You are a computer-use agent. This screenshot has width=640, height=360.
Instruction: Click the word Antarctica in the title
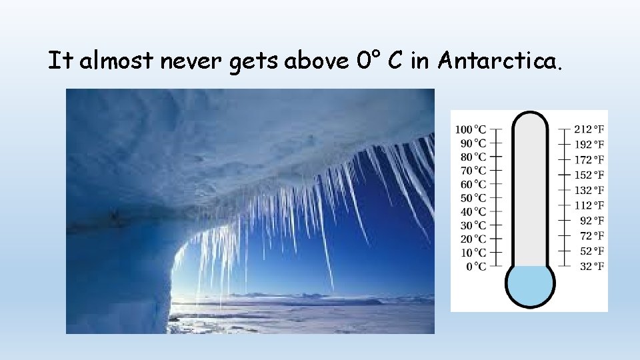[x=501, y=62]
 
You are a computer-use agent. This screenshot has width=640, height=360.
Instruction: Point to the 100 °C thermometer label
[x=471, y=129]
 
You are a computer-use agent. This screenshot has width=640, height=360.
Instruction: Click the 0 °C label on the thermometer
[x=476, y=267]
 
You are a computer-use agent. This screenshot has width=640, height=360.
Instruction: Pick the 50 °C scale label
[x=473, y=198]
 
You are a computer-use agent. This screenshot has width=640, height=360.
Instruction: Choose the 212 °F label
[x=591, y=129]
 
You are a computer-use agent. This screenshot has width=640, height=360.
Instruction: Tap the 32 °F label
[x=593, y=267]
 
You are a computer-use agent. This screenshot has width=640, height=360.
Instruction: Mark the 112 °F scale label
[x=591, y=205]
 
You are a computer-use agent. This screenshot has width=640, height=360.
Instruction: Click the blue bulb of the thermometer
[x=530, y=285]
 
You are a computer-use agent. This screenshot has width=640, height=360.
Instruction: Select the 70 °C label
[x=473, y=170]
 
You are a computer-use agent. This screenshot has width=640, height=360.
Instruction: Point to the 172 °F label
[x=591, y=159]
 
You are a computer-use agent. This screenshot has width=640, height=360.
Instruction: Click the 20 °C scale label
[x=473, y=239]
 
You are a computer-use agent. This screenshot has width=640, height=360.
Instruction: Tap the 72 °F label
[x=593, y=236]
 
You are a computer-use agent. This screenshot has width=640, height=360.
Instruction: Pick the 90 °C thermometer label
[x=473, y=143]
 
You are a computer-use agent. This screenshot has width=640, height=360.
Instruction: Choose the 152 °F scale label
[x=591, y=175]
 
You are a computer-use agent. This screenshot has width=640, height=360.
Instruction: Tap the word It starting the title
[x=59, y=61]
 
